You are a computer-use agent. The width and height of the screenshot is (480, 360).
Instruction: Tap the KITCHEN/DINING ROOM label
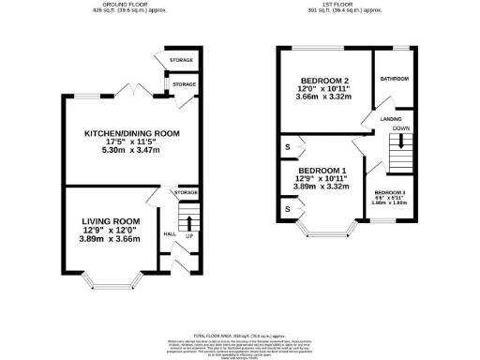tap(130, 133)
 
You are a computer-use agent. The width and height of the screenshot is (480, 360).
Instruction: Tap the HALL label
tap(169, 234)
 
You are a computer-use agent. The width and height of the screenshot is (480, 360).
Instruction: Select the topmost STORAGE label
tap(182, 60)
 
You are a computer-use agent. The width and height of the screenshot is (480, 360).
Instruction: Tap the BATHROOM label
tap(394, 79)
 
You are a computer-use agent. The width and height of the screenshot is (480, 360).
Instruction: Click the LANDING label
tap(392, 120)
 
